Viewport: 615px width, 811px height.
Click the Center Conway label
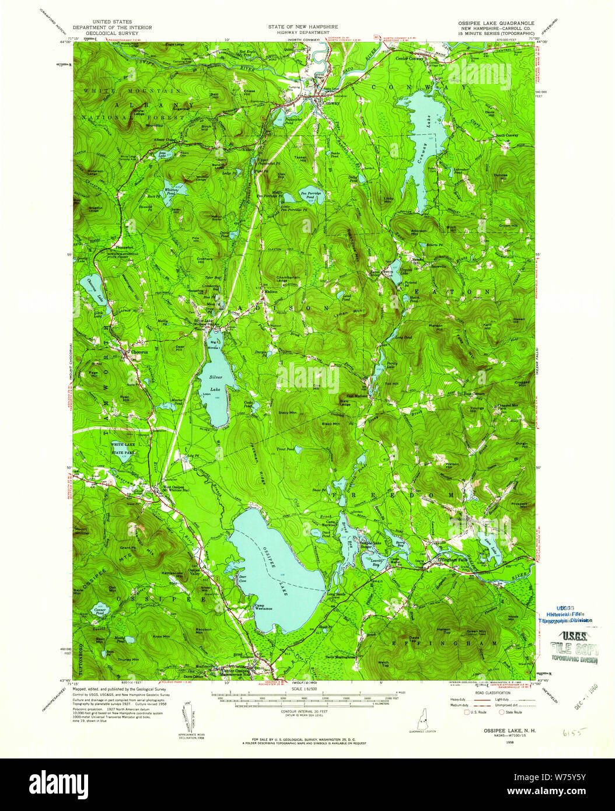tap(410, 59)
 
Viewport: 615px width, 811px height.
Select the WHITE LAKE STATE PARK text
tap(123, 448)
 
